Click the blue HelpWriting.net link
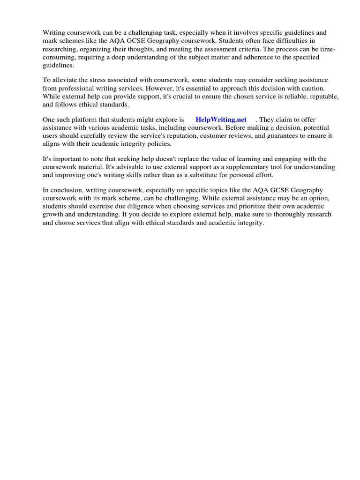pos(221,120)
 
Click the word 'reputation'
pos(181,136)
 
